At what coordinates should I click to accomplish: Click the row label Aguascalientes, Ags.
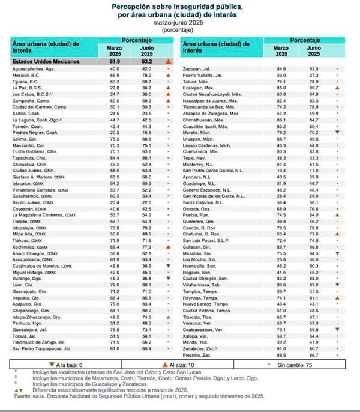35,70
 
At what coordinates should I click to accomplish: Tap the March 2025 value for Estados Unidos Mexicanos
114,62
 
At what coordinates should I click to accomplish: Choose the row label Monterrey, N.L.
204,163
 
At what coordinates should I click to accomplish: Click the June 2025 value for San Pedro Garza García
311,170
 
